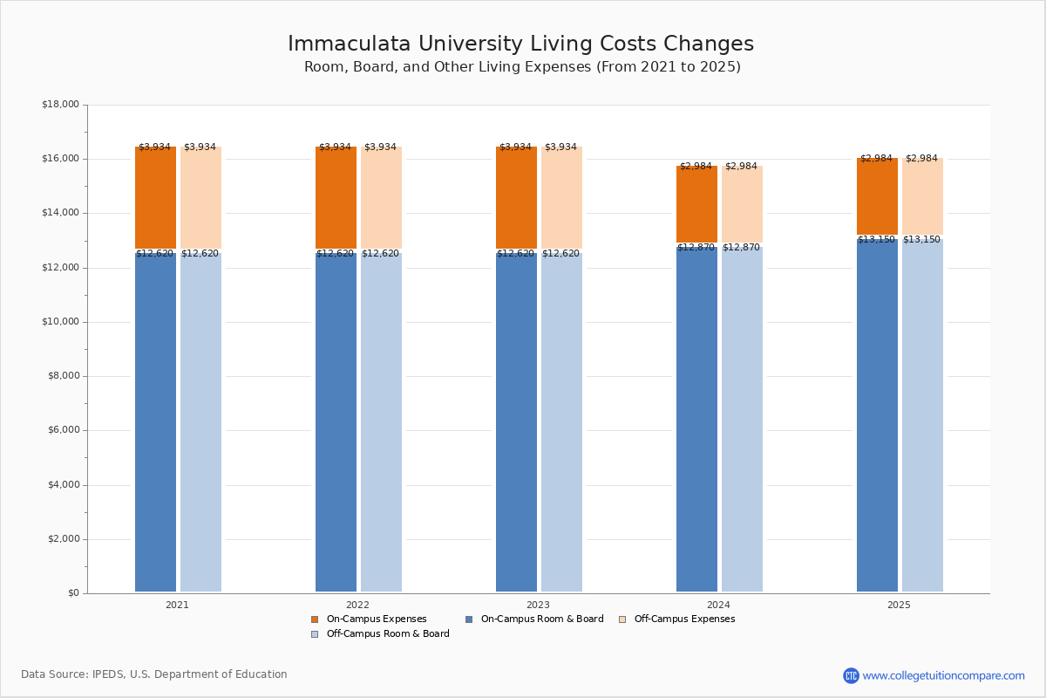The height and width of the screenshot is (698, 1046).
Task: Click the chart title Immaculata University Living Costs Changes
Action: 520,44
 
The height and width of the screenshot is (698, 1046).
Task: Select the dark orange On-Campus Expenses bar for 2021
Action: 155,199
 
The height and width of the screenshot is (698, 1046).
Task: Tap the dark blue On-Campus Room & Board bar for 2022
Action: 336,423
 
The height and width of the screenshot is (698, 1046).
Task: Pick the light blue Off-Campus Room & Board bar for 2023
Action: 561,423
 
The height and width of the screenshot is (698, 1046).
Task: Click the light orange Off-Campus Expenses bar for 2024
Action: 742,205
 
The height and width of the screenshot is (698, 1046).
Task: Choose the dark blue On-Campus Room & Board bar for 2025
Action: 877,414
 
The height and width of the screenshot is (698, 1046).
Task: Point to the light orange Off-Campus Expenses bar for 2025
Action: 922,197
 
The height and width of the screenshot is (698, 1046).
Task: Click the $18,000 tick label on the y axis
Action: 60,105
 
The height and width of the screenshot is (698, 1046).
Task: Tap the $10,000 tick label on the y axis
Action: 60,322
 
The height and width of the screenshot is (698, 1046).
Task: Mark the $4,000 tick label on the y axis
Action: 63,485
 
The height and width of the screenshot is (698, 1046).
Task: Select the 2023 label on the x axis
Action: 538,605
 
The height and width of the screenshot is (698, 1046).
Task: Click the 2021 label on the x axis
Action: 177,605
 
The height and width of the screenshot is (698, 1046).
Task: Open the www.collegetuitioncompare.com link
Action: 943,675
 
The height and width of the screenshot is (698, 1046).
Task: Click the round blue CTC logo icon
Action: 851,675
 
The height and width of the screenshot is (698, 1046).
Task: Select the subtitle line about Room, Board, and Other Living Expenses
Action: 522,67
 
